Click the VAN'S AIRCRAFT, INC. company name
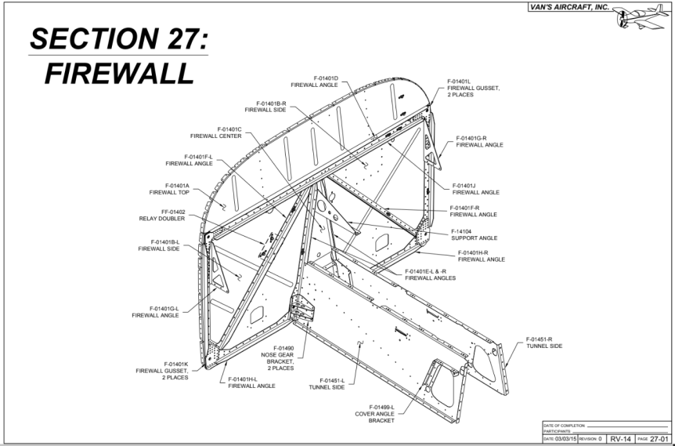(x=569, y=7)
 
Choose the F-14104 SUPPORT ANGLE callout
(x=474, y=234)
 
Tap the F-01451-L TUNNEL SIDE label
(x=327, y=384)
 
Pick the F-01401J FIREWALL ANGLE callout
(x=475, y=189)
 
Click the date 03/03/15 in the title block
(x=561, y=440)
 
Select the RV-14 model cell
(x=619, y=440)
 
